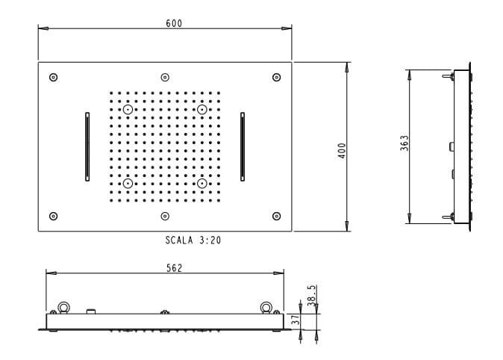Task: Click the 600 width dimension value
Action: [x=173, y=23]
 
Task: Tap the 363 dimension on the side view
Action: [x=404, y=143]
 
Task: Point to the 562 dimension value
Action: [x=165, y=268]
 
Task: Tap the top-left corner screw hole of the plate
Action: [x=53, y=78]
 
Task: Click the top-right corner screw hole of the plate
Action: [x=276, y=78]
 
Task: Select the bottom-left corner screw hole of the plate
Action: [x=53, y=216]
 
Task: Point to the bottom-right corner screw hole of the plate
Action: [x=276, y=216]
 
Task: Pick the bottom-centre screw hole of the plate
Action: [x=164, y=216]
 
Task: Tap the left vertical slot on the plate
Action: [x=87, y=146]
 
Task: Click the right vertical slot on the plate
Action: [x=243, y=146]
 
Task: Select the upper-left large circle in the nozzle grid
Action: [x=128, y=110]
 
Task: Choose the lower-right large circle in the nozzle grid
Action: [x=201, y=183]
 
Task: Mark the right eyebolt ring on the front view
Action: [x=264, y=306]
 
